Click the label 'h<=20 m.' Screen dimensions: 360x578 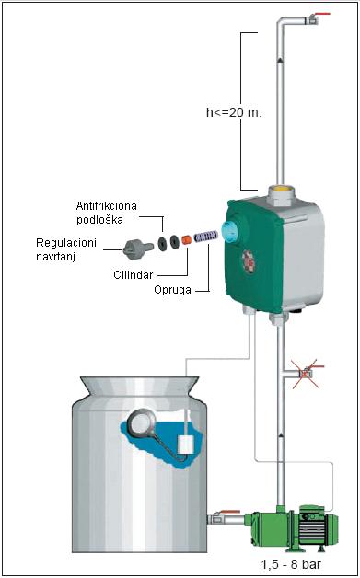(234, 112)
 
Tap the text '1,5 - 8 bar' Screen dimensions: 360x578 (291, 564)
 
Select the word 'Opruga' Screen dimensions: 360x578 (172, 290)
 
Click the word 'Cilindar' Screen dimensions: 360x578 (134, 275)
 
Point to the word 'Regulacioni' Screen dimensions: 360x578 (66, 243)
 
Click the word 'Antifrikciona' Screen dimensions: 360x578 (107, 205)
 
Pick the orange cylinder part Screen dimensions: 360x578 (186, 240)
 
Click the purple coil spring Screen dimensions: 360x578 (206, 237)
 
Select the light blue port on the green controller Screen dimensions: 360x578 (229, 232)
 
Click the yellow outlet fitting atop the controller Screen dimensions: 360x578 (282, 191)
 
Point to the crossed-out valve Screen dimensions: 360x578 (306, 374)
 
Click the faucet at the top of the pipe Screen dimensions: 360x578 (315, 18)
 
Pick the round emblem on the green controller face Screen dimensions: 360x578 (249, 261)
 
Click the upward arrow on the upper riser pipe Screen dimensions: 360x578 (280, 59)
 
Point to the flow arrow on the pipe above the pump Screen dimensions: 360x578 (281, 436)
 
